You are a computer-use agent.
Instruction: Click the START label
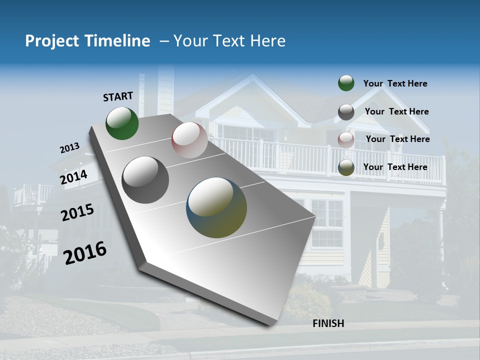[x=118, y=96]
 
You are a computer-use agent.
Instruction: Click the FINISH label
[x=328, y=323]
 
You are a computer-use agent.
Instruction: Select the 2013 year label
[x=69, y=148]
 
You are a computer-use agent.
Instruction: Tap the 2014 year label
[x=74, y=177]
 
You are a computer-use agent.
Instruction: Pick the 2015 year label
[x=77, y=212]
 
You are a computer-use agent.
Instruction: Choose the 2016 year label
[x=85, y=252]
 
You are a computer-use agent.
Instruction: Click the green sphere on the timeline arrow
[x=122, y=123]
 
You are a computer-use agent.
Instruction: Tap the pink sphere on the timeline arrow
[x=189, y=140]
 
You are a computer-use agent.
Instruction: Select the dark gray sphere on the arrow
[x=145, y=180]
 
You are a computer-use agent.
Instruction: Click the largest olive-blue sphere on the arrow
[x=216, y=208]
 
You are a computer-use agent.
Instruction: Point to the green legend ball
[x=346, y=83]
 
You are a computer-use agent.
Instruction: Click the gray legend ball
[x=346, y=112]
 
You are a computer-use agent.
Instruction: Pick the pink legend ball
[x=346, y=140]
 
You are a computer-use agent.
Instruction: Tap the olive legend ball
[x=346, y=168]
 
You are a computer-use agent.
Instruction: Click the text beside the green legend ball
[x=395, y=83]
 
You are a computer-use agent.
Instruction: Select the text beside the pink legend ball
[x=397, y=139]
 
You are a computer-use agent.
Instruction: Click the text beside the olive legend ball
[x=395, y=167]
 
